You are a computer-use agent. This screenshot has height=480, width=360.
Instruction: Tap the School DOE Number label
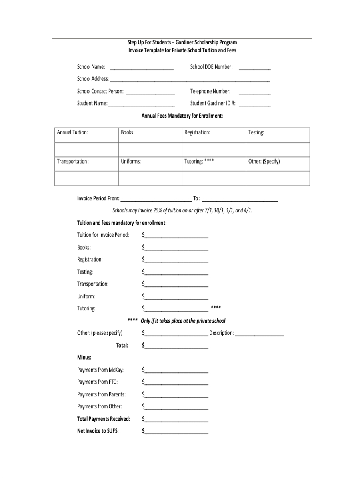coord(211,67)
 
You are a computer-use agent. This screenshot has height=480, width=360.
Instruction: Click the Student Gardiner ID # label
coord(213,103)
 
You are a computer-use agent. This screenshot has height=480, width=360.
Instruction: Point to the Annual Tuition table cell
coord(86,135)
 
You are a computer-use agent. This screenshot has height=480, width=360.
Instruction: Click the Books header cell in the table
coord(150,135)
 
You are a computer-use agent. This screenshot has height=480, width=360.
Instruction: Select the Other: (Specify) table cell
coord(278,164)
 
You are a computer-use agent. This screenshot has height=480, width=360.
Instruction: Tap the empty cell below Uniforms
coord(150,178)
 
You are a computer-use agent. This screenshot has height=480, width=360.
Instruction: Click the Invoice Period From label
coord(98,198)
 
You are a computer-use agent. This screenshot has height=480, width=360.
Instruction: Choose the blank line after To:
coord(240,200)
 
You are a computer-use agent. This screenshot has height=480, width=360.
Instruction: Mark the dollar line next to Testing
coord(176,273)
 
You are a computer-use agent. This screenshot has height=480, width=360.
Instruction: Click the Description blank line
coord(260,334)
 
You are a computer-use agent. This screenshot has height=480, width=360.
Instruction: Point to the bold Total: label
coord(122,345)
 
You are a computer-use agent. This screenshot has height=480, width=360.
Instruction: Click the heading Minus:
coord(84,357)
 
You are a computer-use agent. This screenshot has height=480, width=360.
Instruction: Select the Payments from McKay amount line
coord(176,371)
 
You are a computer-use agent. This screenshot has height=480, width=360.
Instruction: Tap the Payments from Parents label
coord(101,394)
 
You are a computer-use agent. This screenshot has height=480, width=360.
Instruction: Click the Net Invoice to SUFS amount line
coord(176,432)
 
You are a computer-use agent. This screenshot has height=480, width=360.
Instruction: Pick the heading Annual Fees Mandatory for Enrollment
coord(182,116)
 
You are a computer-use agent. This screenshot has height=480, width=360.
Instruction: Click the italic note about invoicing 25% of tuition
coord(182,210)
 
